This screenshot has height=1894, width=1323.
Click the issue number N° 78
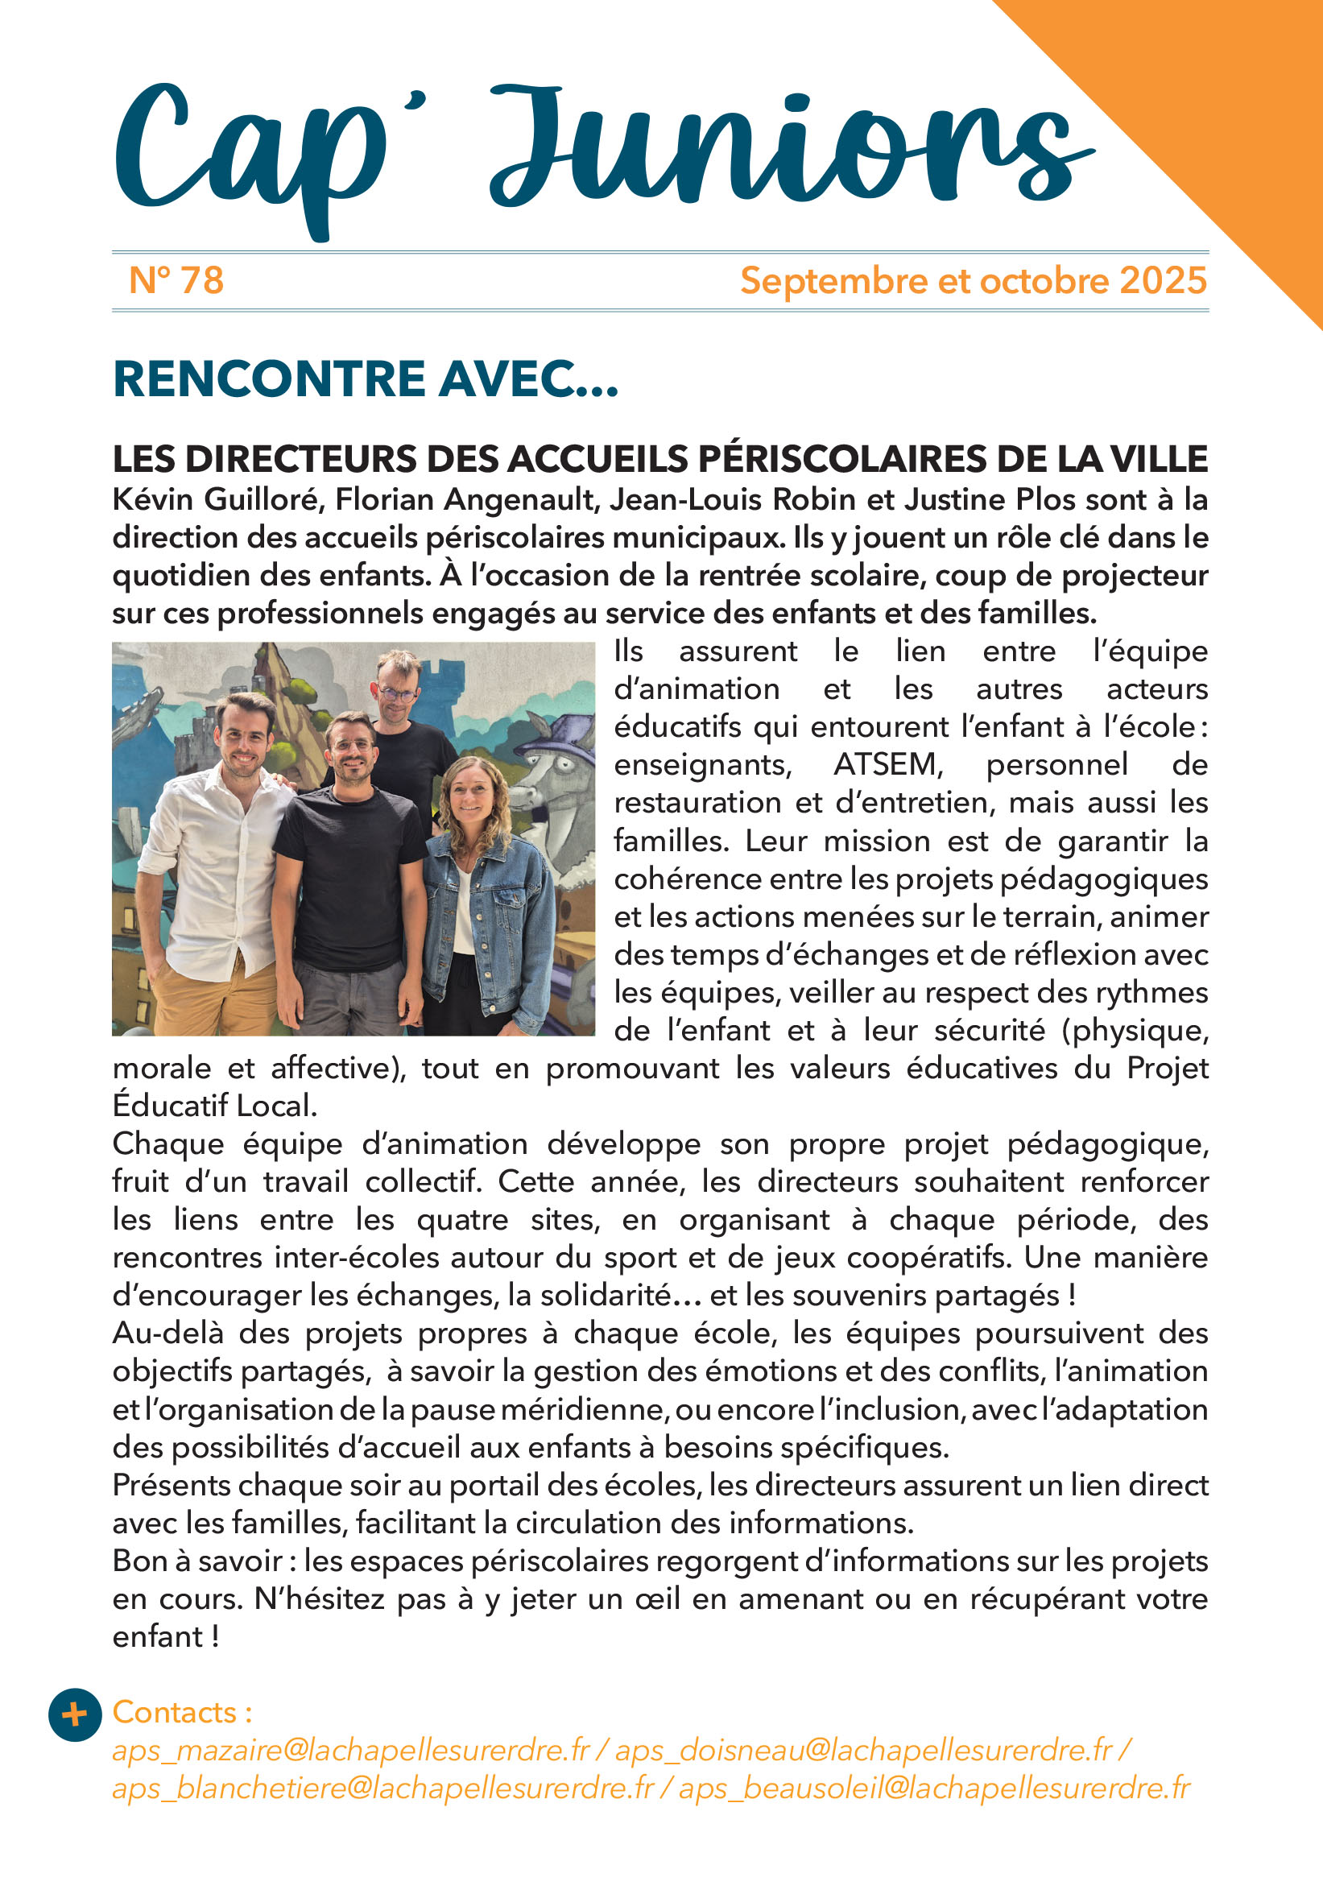(x=176, y=280)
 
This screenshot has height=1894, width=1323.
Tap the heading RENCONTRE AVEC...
(x=365, y=379)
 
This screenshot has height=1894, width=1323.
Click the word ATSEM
(x=887, y=765)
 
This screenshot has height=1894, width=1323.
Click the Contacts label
(x=181, y=1712)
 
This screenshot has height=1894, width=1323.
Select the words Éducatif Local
(x=214, y=1106)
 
